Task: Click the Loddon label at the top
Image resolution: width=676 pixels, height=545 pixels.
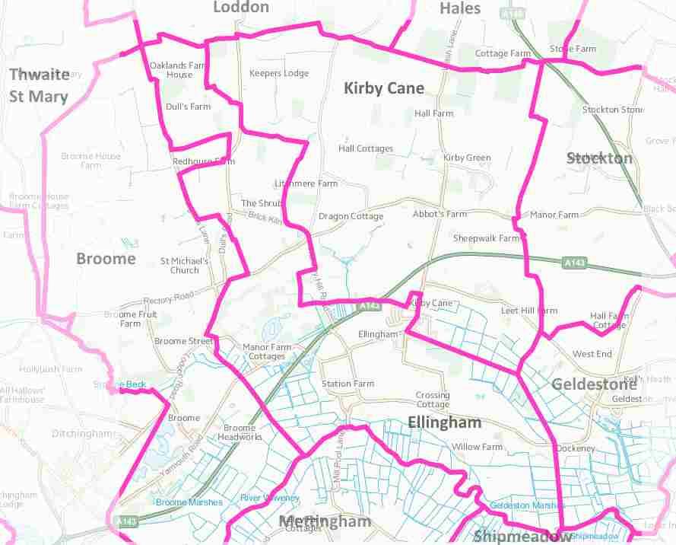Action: coord(240,8)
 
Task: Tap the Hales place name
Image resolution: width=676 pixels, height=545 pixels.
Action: coord(460,8)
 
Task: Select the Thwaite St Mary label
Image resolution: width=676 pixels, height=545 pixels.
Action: coord(39,85)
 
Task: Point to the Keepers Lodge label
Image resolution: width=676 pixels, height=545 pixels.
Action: coord(279,74)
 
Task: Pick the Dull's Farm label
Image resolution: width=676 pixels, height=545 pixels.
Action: coord(188,107)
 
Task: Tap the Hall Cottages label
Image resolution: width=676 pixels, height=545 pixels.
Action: coord(366,149)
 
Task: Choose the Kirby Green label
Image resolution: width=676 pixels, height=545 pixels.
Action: coord(467,158)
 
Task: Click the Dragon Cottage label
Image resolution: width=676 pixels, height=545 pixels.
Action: coord(351,216)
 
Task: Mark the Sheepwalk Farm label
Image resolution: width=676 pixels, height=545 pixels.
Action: coord(486,238)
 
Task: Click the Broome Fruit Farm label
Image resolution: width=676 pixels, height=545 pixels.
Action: coord(131,319)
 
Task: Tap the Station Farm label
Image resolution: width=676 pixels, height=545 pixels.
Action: coord(348,384)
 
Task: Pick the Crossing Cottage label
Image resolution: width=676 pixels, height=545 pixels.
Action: coord(433,400)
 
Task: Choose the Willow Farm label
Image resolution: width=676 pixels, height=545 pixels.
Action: coord(477,447)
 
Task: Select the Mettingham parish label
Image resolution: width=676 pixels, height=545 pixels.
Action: coord(325,521)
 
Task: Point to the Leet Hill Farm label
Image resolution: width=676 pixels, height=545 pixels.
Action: coord(528,311)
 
